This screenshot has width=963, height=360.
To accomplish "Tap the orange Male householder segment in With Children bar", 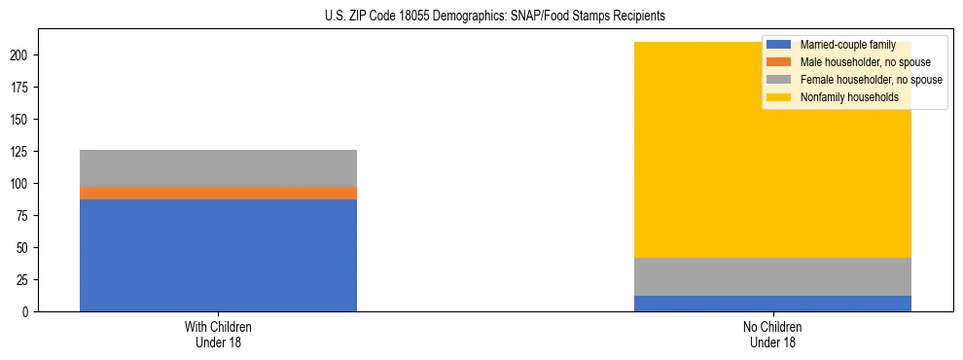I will coord(218,193).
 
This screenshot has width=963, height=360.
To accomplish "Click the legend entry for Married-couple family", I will coord(842,45).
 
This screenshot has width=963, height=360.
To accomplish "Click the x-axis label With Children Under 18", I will coord(218,334).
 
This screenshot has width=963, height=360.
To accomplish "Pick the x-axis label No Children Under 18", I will coord(772,334).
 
